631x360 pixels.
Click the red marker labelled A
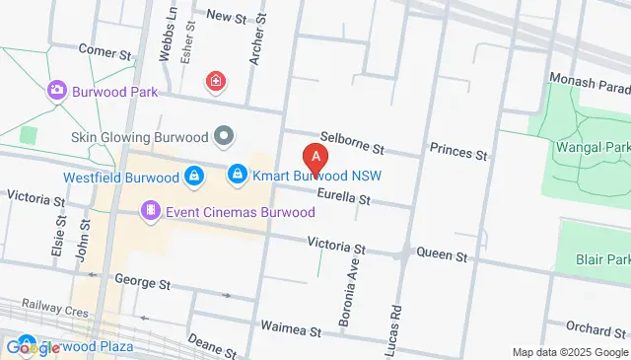click(x=315, y=157)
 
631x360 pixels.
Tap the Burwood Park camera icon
click(x=56, y=91)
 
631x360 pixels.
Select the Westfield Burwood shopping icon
click(x=195, y=178)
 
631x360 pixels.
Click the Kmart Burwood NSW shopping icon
click(x=237, y=177)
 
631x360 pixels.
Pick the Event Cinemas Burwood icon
click(x=150, y=209)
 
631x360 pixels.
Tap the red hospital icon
click(x=214, y=81)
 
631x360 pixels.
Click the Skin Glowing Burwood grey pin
click(x=225, y=135)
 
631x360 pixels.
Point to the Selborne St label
click(x=351, y=142)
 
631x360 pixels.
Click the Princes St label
click(x=458, y=154)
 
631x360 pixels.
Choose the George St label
click(x=143, y=281)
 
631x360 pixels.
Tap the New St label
click(x=226, y=17)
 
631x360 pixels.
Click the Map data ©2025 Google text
click(x=570, y=352)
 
